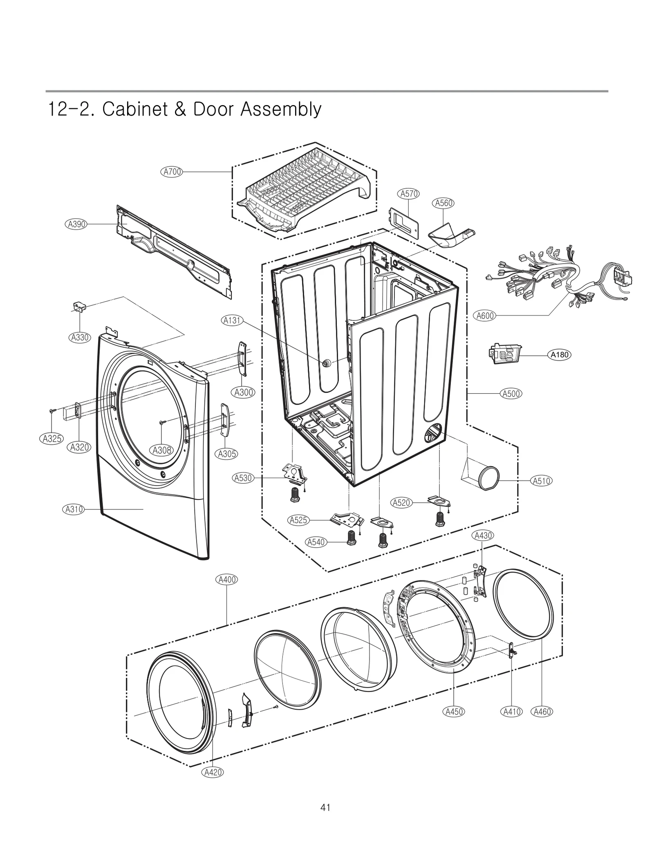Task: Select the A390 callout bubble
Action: (76, 224)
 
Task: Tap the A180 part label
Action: (559, 355)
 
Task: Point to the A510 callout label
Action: (542, 481)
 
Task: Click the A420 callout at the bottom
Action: (213, 772)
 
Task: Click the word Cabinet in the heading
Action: (135, 110)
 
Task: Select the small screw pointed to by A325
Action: (52, 411)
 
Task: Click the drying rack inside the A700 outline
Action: (305, 188)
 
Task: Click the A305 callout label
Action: (226, 454)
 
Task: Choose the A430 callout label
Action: (482, 535)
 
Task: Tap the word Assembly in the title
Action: (280, 110)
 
